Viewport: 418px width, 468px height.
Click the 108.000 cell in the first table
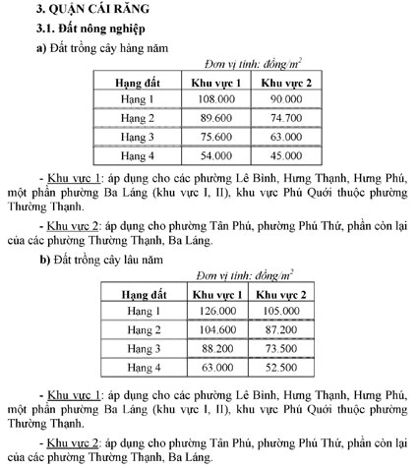coord(215,99)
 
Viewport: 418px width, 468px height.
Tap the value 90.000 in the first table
coord(286,99)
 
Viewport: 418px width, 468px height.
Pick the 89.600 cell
coord(215,118)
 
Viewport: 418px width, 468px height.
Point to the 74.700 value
coord(286,118)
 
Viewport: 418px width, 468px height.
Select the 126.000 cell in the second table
coord(217,312)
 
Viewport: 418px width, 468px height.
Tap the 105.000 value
coord(281,312)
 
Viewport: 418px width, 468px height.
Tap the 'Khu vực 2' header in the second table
coord(281,294)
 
